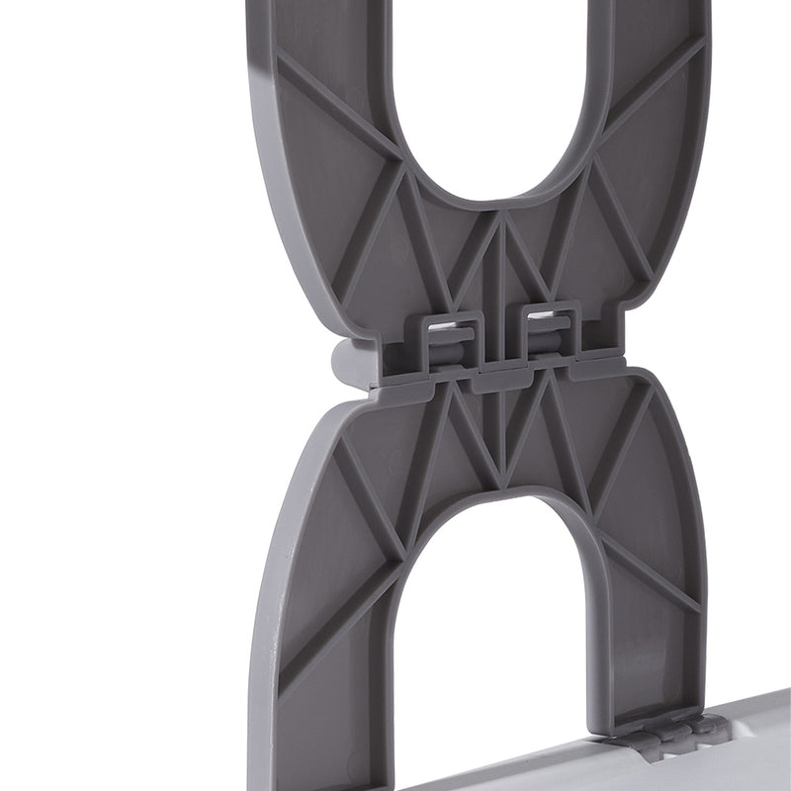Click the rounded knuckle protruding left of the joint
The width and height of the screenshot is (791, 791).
tap(347, 363)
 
